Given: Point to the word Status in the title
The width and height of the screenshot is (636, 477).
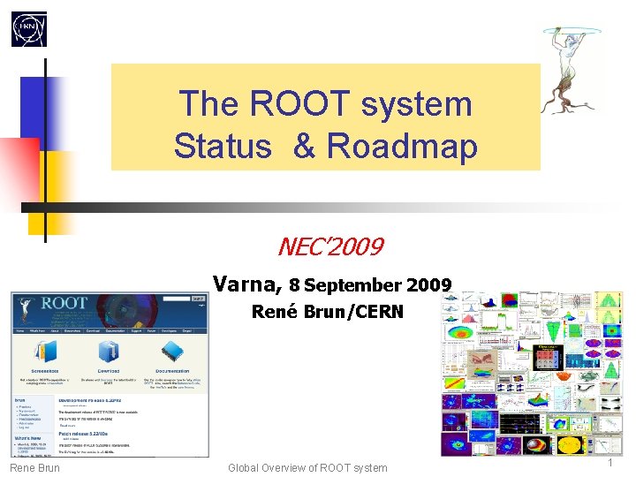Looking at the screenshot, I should click(222, 146).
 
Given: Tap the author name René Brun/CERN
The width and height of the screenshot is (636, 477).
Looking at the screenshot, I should click(327, 311).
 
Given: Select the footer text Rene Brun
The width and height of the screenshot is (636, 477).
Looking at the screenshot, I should click(35, 467).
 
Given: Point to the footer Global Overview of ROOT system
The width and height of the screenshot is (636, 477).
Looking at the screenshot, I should click(307, 467).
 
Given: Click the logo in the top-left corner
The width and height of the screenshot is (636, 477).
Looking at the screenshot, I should click(28, 29).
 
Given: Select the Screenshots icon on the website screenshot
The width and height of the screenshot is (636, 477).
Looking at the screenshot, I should click(43, 352).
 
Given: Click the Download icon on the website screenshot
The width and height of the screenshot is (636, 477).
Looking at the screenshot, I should click(109, 352).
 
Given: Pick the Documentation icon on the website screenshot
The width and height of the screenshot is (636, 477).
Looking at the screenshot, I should click(171, 352).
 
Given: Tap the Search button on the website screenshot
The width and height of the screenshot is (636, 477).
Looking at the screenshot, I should click(198, 299).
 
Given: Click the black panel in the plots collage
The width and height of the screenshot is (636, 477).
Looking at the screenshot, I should click(549, 358).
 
